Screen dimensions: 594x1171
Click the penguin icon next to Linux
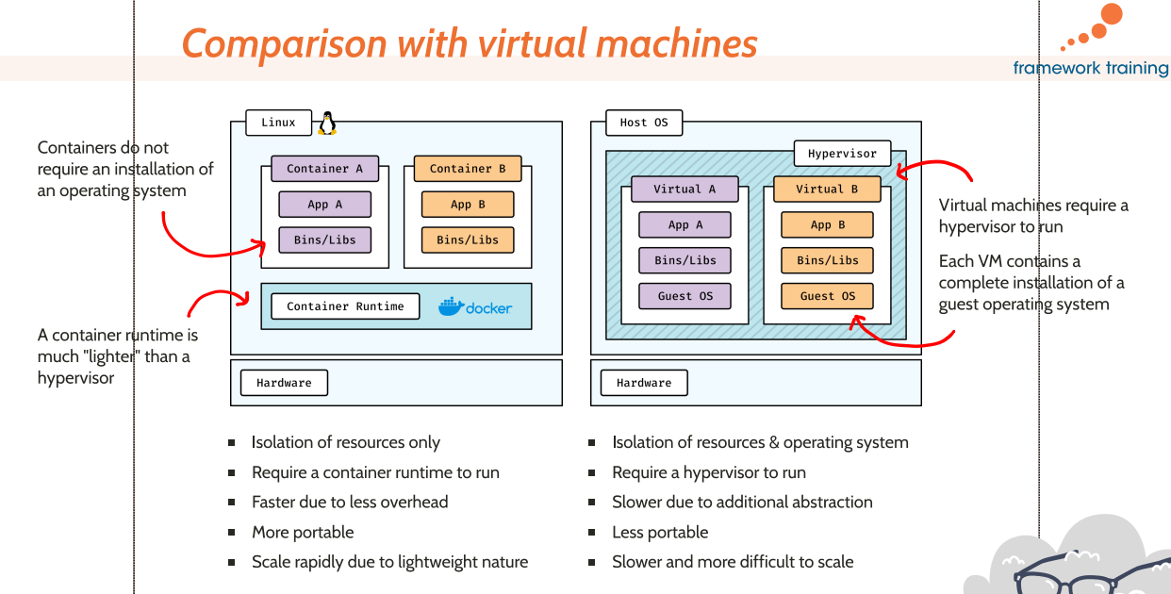327,123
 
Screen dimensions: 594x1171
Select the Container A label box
325,169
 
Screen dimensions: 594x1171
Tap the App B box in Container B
468,205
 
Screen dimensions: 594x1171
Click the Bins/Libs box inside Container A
324,240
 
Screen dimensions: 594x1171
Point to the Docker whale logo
452,306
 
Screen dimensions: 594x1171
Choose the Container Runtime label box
345,306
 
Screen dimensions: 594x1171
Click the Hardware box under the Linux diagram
284,383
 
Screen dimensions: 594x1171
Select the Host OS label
644,123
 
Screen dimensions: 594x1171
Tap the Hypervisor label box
842,154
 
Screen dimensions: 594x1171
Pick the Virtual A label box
684,190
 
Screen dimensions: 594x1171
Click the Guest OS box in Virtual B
827,296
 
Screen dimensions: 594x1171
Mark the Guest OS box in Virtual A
685,296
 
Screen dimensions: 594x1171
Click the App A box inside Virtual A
685,225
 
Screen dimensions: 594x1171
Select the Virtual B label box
827,190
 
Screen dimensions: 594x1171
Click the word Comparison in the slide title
284,44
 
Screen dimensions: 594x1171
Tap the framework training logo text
1091,68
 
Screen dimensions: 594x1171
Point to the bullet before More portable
231,533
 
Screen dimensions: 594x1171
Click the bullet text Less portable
660,533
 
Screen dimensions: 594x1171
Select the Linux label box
278,123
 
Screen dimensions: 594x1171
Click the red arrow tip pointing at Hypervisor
899,173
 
